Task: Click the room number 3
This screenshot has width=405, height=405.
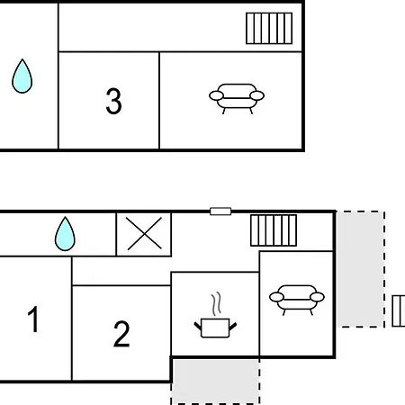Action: (x=113, y=101)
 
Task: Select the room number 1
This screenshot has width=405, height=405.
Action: (x=33, y=319)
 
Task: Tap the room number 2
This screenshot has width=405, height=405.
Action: (x=121, y=334)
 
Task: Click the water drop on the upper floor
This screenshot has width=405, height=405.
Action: (x=22, y=76)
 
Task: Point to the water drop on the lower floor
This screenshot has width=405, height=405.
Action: (x=65, y=234)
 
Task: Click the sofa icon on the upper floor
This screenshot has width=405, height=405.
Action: (x=237, y=98)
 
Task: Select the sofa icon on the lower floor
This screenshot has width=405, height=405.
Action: (x=297, y=300)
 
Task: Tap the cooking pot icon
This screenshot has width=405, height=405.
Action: (x=215, y=328)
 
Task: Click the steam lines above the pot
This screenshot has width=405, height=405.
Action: (x=216, y=303)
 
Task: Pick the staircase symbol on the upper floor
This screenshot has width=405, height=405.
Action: (x=269, y=28)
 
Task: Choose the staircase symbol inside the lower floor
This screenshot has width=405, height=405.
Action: (x=274, y=230)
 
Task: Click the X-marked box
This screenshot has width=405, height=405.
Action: (x=144, y=234)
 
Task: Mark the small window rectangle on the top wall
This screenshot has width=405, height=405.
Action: (x=220, y=211)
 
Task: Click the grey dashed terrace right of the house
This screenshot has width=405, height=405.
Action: (x=361, y=269)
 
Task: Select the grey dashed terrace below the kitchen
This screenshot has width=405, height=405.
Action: (x=215, y=381)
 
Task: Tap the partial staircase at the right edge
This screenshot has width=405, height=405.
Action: (x=399, y=310)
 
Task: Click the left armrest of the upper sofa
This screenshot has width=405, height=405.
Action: (x=216, y=95)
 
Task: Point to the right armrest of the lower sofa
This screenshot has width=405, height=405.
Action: (x=317, y=297)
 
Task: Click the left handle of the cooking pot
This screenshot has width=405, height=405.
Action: (x=198, y=326)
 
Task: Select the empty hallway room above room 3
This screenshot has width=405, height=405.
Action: (x=180, y=28)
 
